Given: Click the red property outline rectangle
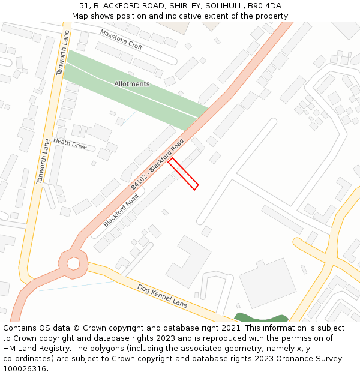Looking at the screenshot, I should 183,174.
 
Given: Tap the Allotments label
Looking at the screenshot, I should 132,84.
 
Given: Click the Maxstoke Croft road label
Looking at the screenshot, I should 121,39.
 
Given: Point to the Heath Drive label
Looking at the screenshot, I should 70,143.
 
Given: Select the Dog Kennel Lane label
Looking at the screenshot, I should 162,296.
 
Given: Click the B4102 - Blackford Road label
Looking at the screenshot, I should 157,165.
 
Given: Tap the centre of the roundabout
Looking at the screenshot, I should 73,263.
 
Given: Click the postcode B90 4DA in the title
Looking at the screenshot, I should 265,6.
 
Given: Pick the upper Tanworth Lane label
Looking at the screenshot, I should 62,54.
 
